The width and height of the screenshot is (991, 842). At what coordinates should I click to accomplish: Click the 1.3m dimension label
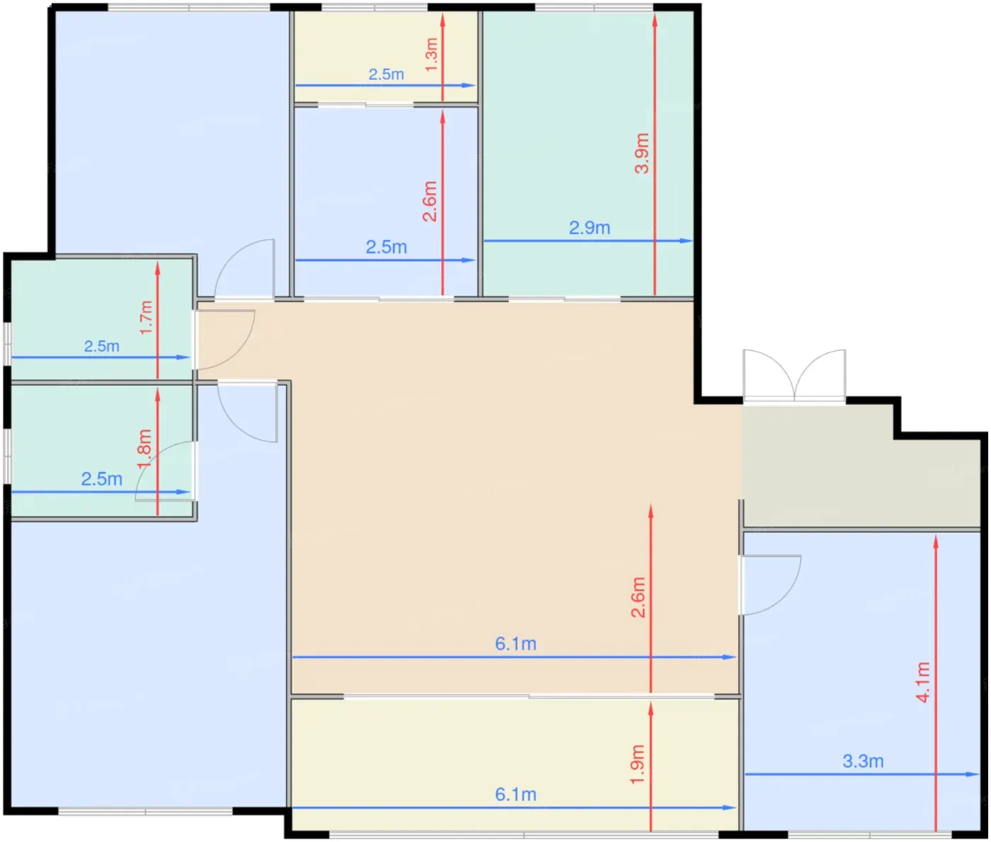click(x=432, y=54)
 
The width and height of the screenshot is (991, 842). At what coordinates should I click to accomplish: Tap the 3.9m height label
click(x=642, y=154)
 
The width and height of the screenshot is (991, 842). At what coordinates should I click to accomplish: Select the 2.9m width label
click(x=589, y=228)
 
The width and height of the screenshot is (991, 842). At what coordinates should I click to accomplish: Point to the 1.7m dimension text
click(x=147, y=317)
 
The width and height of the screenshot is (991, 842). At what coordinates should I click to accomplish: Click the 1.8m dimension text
click(x=144, y=449)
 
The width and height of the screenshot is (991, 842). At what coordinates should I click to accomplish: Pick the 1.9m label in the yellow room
click(x=637, y=764)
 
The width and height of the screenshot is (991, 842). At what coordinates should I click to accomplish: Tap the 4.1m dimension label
click(x=923, y=682)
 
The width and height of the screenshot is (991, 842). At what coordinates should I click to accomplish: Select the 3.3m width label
click(x=863, y=761)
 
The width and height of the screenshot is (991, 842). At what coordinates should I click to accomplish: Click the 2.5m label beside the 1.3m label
click(x=386, y=74)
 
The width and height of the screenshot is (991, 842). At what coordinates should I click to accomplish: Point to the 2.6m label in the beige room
click(x=638, y=597)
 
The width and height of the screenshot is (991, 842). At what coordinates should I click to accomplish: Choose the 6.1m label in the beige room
click(x=515, y=644)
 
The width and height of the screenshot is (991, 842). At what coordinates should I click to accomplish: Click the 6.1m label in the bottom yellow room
click(x=515, y=794)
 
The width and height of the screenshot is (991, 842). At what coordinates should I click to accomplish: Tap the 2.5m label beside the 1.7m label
click(x=102, y=346)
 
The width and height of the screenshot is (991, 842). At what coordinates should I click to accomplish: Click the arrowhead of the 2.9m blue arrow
click(x=687, y=241)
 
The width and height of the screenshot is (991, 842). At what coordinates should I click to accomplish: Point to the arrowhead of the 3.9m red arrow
click(x=655, y=19)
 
